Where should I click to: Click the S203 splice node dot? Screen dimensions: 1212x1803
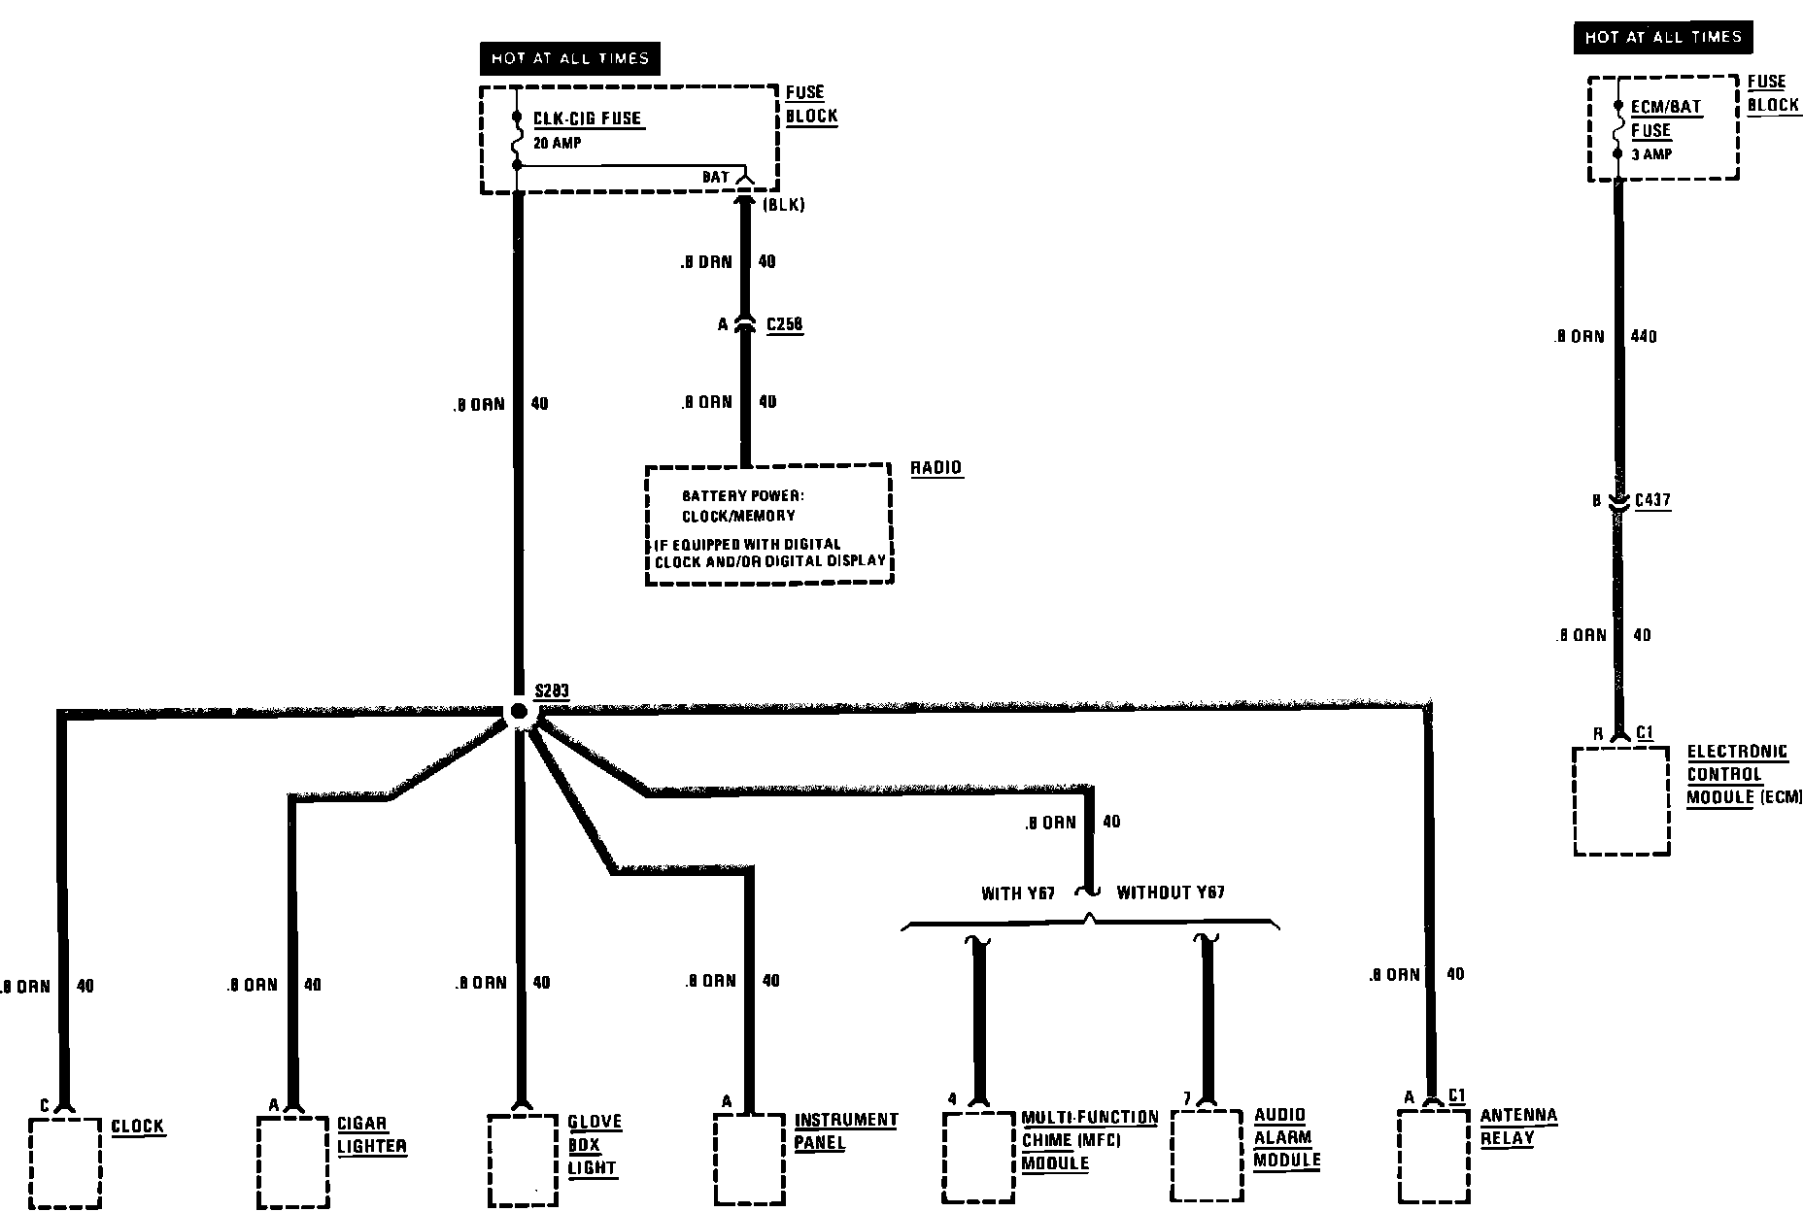pos(519,712)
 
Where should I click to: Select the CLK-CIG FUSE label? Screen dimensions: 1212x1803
pos(587,118)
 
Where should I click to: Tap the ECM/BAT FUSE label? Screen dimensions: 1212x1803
pos(1665,118)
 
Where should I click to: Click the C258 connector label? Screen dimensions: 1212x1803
pos(784,324)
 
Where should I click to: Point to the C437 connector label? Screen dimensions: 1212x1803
pos(1652,501)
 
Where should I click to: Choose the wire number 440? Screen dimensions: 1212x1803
pos(1643,337)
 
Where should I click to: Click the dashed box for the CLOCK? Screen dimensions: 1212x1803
pos(65,1161)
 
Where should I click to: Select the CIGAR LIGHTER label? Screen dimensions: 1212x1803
pos(371,1135)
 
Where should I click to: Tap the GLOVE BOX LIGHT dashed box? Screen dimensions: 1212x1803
pos(522,1159)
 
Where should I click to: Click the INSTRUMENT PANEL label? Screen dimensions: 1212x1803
pos(845,1131)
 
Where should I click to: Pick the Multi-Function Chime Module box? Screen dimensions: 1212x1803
pos(979,1156)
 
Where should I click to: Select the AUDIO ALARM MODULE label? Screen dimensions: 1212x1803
pos(1286,1137)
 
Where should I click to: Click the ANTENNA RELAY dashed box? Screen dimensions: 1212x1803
pos(1433,1156)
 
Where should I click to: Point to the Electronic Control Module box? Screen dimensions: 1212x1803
pos(1620,801)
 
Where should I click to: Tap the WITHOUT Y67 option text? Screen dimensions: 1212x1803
pos(1171,893)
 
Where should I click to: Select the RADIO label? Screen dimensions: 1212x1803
pos(935,468)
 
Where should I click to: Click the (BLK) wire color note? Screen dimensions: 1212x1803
pos(783,206)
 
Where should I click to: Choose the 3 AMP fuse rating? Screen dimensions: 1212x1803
pos(1650,154)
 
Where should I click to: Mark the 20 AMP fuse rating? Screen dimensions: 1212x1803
pos(558,143)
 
